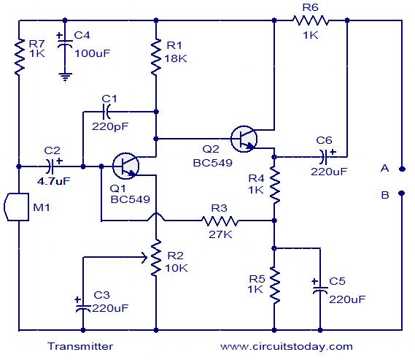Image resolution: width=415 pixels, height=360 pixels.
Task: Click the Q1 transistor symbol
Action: click(125, 166)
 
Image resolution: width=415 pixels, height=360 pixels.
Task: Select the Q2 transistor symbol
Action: click(244, 139)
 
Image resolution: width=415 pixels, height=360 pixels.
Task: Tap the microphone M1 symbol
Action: click(16, 207)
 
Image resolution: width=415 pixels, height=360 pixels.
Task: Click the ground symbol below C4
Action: click(65, 77)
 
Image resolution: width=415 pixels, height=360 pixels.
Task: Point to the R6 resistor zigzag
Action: click(311, 20)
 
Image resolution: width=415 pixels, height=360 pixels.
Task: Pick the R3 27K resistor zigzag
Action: click(220, 221)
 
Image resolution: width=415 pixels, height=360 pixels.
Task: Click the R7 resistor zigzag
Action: click(19, 57)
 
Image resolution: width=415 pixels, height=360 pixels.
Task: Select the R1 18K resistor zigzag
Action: click(156, 57)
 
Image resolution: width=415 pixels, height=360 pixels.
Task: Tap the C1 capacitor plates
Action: click(106, 112)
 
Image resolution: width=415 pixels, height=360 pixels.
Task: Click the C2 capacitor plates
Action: click(50, 166)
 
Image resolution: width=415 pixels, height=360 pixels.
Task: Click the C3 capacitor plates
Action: click(83, 308)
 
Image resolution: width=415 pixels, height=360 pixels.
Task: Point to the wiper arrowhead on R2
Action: click(145, 257)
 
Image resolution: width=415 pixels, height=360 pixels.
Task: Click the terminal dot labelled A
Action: click(402, 169)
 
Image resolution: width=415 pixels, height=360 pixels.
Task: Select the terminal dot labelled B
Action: click(402, 193)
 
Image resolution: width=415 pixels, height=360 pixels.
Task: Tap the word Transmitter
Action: click(80, 346)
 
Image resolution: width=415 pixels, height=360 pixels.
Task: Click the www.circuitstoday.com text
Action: click(287, 346)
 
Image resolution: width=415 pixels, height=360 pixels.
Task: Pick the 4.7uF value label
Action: click(54, 181)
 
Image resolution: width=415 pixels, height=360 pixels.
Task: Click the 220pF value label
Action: click(110, 126)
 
